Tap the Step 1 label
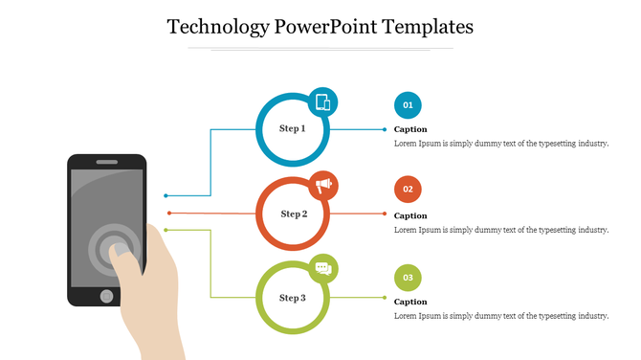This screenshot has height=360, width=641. pyautogui.click(x=292, y=128)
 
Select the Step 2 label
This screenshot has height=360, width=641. pyautogui.click(x=293, y=214)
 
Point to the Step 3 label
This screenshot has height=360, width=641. pyautogui.click(x=292, y=298)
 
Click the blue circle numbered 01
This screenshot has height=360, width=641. pyautogui.click(x=408, y=104)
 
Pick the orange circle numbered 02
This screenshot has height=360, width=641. pyautogui.click(x=408, y=190)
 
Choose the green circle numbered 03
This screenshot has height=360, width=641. pyautogui.click(x=408, y=278)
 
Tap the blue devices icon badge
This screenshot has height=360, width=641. pyautogui.click(x=323, y=101)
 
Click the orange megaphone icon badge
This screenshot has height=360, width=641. pyautogui.click(x=323, y=184)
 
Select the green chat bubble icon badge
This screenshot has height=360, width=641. pyautogui.click(x=323, y=269)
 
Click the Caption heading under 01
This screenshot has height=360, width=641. pyautogui.click(x=410, y=129)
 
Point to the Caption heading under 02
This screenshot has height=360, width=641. pyautogui.click(x=410, y=215)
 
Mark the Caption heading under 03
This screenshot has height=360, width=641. pyautogui.click(x=410, y=302)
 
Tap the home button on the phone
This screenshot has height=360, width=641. pyautogui.click(x=106, y=296)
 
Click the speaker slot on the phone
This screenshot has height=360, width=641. pyautogui.click(x=106, y=162)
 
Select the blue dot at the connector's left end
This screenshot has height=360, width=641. pyautogui.click(x=166, y=195)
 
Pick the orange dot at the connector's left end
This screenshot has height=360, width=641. pyautogui.click(x=169, y=213)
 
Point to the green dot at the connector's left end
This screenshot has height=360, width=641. pyautogui.click(x=166, y=230)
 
